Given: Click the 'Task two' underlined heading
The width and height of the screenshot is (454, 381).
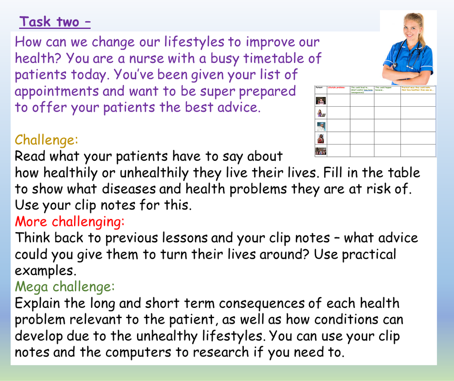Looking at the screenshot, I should (x=55, y=22).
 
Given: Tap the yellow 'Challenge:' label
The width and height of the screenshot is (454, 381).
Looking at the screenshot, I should (x=46, y=140).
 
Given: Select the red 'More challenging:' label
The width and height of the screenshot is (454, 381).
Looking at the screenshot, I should (x=70, y=221).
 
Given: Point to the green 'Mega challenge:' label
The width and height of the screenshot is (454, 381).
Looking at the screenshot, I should (x=65, y=287).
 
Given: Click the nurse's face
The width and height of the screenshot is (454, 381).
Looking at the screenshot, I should (x=411, y=29).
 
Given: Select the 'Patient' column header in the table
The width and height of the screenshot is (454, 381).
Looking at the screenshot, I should (x=320, y=88).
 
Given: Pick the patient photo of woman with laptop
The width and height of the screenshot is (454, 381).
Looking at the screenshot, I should (x=321, y=113).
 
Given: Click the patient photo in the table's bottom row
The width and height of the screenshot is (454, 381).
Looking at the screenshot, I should (x=321, y=151).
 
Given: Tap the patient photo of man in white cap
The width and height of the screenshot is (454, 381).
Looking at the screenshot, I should (x=321, y=126).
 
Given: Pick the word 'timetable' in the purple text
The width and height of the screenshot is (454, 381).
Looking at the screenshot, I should (x=275, y=58).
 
